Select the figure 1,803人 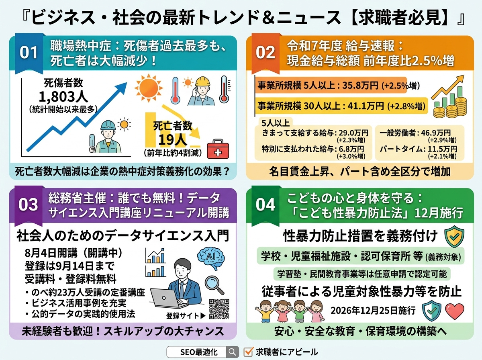coord(63,97)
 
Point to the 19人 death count coord(173,140)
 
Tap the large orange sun coord(149,88)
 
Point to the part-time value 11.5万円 coord(442,149)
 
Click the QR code coord(219,309)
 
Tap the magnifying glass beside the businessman coord(214,285)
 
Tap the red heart coord(455,311)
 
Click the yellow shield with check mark coord(454,236)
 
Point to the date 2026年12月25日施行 coord(373,311)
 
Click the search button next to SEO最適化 coord(232,352)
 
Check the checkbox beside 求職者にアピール coord(248,352)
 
